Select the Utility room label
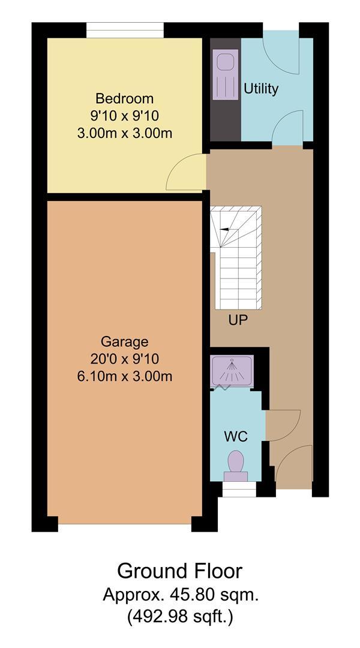click(x=261, y=89)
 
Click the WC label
click(x=236, y=436)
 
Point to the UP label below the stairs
click(x=238, y=320)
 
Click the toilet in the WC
click(x=236, y=466)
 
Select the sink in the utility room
click(x=225, y=74)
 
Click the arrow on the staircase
click(x=225, y=229)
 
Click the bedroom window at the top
click(x=125, y=30)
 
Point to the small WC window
click(x=239, y=490)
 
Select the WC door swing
click(x=283, y=425)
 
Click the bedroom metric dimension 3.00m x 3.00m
click(x=124, y=133)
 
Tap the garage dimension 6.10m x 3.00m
click(x=124, y=376)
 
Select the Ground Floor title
click(x=180, y=571)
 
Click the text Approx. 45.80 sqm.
click(x=181, y=595)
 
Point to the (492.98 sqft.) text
click(x=180, y=617)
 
